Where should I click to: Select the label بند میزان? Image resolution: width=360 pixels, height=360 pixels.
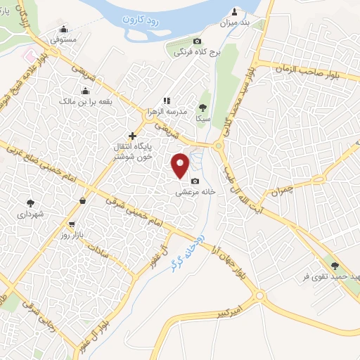pyautogui.click(x=236, y=24)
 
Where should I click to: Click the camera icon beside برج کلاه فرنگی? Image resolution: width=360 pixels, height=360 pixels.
pyautogui.click(x=197, y=41)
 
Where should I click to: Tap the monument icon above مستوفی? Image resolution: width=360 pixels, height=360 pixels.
pyautogui.click(x=64, y=30)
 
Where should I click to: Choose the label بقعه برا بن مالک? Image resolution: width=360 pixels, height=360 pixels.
pyautogui.click(x=86, y=101)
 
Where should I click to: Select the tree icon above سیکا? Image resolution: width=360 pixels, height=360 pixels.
pyautogui.click(x=203, y=107)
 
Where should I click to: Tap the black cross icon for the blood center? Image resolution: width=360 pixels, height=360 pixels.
pyautogui.click(x=132, y=136)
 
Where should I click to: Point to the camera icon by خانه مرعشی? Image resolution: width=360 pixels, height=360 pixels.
pyautogui.click(x=195, y=180)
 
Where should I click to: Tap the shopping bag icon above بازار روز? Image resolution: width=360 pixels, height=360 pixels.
pyautogui.click(x=84, y=200)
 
